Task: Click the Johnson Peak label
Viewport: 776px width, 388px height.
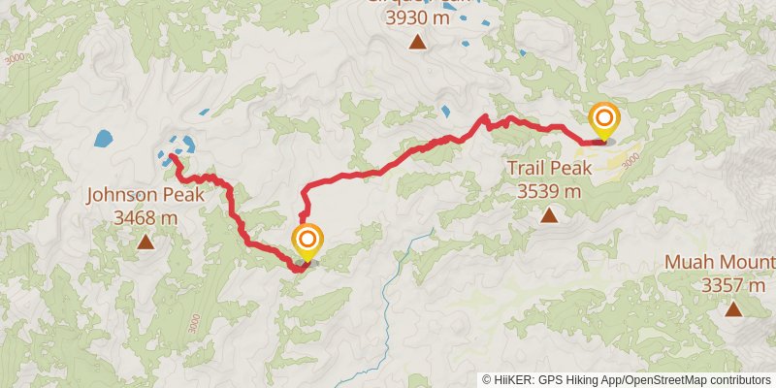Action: click(145, 195)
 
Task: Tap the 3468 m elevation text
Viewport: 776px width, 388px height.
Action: click(145, 217)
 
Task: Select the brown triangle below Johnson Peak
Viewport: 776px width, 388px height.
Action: click(145, 242)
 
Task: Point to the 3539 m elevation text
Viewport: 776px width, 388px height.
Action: click(549, 191)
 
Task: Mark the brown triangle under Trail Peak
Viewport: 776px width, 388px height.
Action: click(549, 214)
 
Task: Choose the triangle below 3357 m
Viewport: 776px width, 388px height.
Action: click(733, 309)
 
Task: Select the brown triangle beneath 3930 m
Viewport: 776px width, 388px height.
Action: click(417, 41)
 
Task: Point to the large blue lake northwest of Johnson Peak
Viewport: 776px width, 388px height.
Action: click(103, 139)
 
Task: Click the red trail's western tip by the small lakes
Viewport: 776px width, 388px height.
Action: click(171, 156)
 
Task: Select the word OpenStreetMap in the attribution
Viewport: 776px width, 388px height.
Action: click(665, 380)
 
